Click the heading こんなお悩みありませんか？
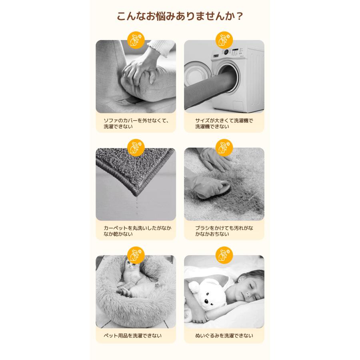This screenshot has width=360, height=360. point(180,17)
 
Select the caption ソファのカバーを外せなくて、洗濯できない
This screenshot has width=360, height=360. point(136,123)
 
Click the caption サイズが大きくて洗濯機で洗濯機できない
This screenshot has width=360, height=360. point(224,123)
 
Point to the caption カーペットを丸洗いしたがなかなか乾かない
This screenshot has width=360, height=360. point(136,231)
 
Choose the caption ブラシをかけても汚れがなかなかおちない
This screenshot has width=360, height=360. point(224,231)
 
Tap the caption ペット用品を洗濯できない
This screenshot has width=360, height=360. point(132,336)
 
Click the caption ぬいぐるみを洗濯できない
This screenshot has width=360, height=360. point(224,336)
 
